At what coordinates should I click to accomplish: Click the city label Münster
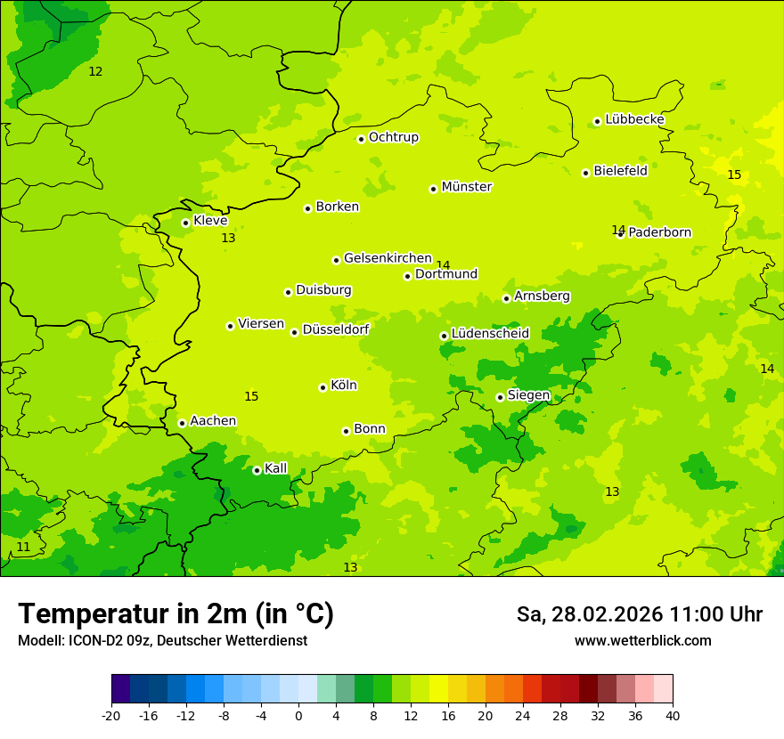pyautogui.click(x=467, y=187)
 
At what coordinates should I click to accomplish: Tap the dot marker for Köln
pyautogui.click(x=323, y=387)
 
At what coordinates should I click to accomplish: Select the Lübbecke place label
pyautogui.click(x=634, y=119)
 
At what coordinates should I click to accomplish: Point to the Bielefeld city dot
pyautogui.click(x=585, y=173)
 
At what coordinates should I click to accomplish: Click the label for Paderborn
pyautogui.click(x=659, y=232)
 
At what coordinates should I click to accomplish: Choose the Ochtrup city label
pyautogui.click(x=393, y=137)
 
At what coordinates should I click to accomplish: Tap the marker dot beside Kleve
pyautogui.click(x=185, y=223)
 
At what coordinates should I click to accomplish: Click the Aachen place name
pyautogui.click(x=213, y=421)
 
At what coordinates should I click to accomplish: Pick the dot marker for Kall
pyautogui.click(x=257, y=470)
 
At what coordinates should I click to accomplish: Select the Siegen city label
pyautogui.click(x=528, y=395)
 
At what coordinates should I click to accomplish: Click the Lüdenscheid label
pyautogui.click(x=490, y=334)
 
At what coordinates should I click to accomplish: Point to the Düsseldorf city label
pyautogui.click(x=336, y=329)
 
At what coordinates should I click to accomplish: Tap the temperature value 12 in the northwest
pyautogui.click(x=95, y=71)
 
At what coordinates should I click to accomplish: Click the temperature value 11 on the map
pyautogui.click(x=23, y=547)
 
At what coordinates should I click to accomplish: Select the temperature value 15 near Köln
pyautogui.click(x=251, y=396)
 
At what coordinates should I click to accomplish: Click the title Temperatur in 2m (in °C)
pyautogui.click(x=176, y=613)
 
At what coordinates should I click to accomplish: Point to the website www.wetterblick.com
pyautogui.click(x=642, y=640)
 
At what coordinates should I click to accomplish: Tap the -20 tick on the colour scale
pyautogui.click(x=111, y=715)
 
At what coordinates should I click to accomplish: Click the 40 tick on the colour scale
pyautogui.click(x=672, y=715)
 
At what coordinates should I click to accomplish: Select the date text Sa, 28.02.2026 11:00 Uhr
pyautogui.click(x=639, y=614)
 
